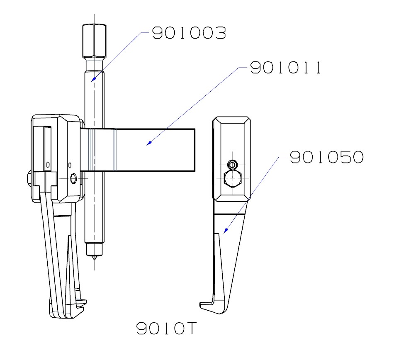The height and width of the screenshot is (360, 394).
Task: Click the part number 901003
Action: [188, 33]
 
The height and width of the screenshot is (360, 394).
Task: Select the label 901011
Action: [286, 68]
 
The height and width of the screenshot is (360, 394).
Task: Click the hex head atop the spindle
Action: [94, 41]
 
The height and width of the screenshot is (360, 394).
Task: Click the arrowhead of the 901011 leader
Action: [148, 144]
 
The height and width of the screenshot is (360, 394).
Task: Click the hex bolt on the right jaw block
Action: [233, 180]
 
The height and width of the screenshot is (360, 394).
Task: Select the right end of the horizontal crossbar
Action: [194, 150]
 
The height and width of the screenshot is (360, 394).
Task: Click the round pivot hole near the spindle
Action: [74, 179]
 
